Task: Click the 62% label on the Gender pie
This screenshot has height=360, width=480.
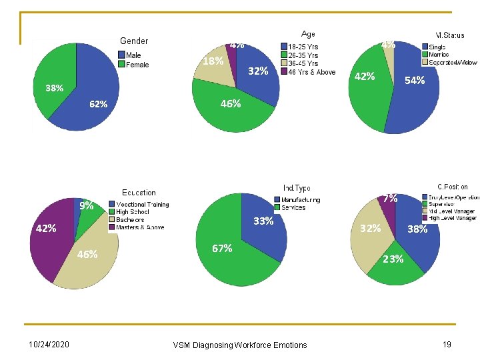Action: [x=99, y=105]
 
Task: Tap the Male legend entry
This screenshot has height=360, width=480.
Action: [x=133, y=55]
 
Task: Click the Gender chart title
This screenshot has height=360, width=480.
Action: [x=134, y=41]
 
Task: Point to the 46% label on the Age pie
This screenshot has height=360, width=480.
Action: [x=231, y=104]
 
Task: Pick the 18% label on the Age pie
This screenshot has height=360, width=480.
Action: [x=213, y=61]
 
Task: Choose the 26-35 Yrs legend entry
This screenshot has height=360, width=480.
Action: [x=302, y=55]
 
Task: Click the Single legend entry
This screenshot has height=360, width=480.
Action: [x=437, y=47]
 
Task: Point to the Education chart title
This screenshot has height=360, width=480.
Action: [x=139, y=193]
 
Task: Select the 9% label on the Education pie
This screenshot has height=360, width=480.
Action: [x=86, y=206]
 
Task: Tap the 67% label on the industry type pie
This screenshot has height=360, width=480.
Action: [x=222, y=249]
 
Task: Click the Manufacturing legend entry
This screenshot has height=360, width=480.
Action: [x=300, y=199]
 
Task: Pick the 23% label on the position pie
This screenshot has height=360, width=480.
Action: [x=393, y=259]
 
